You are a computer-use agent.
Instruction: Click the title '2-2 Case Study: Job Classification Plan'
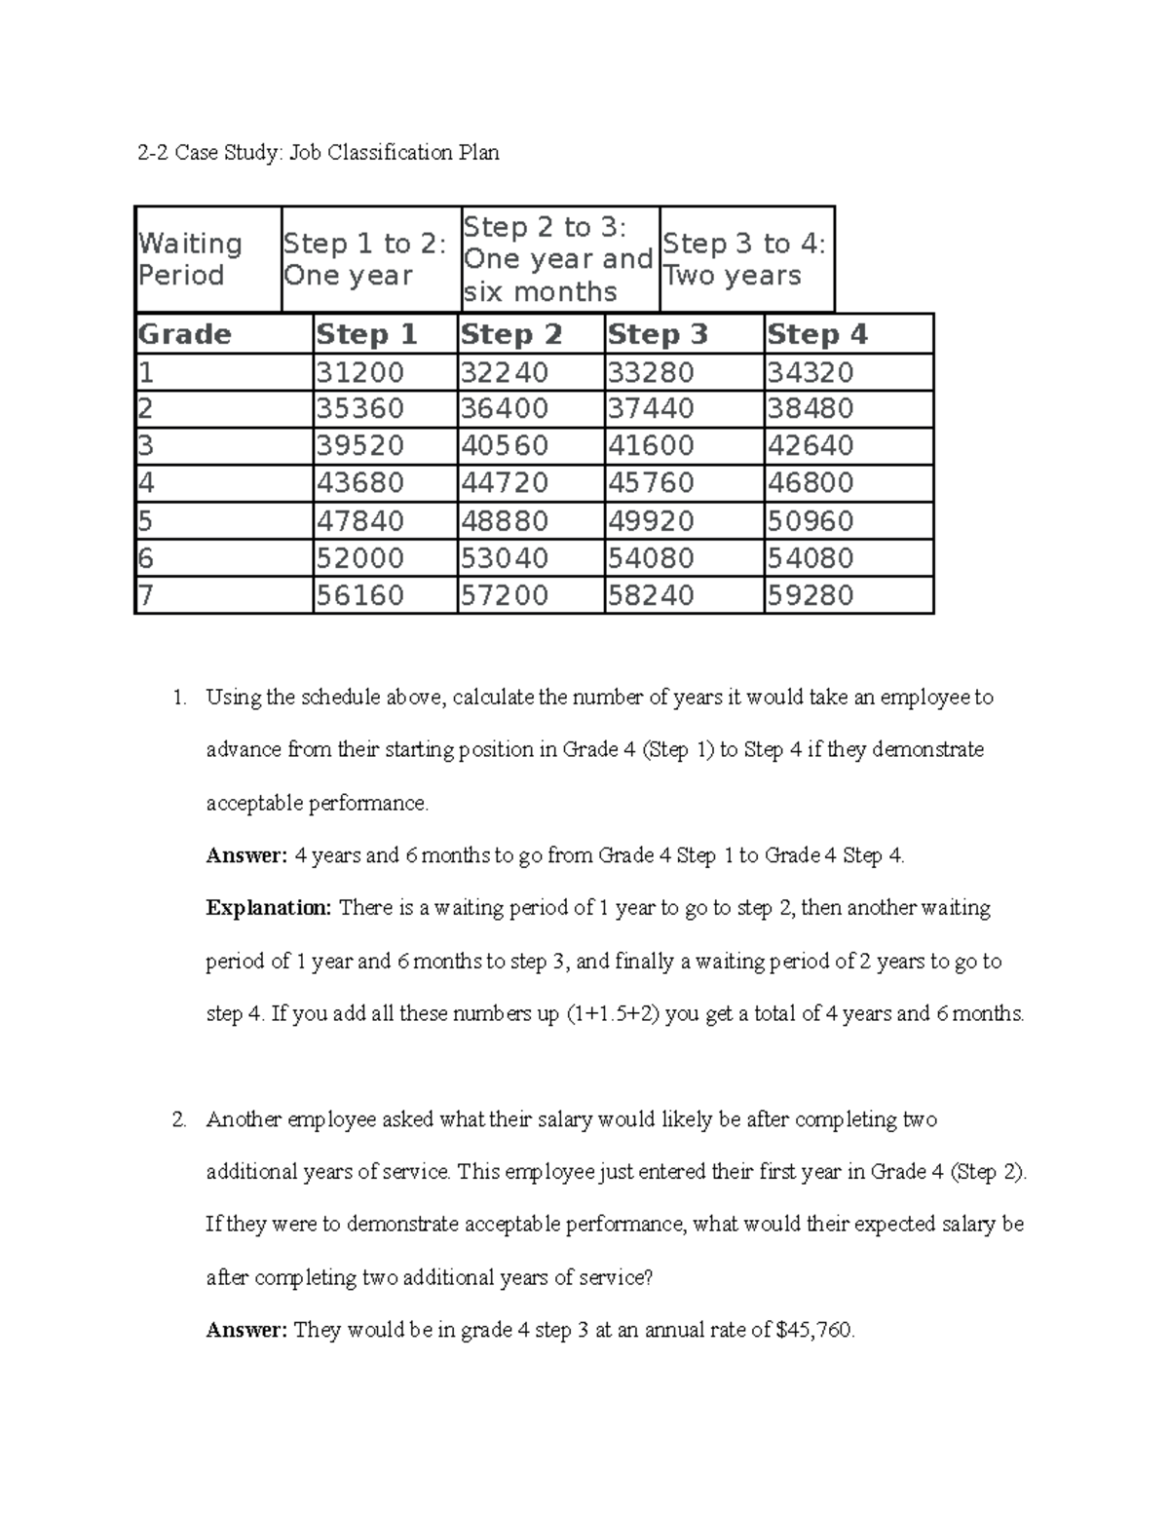click(x=318, y=152)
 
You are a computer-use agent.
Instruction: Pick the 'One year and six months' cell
click(x=558, y=259)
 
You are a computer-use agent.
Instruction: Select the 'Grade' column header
click(x=185, y=334)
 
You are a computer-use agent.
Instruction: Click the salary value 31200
click(x=359, y=372)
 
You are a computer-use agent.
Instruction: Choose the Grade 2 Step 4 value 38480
click(x=810, y=408)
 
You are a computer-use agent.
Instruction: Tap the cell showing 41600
click(x=651, y=445)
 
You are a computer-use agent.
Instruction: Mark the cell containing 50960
click(x=810, y=520)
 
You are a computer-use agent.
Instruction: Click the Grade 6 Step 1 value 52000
click(x=359, y=557)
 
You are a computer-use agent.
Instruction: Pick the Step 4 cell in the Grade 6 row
click(x=810, y=557)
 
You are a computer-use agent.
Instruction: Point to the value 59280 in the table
click(x=810, y=594)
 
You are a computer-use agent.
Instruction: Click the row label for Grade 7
click(x=146, y=594)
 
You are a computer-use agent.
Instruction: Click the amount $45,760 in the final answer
click(x=814, y=1330)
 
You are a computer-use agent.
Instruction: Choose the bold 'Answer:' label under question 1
click(x=246, y=855)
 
